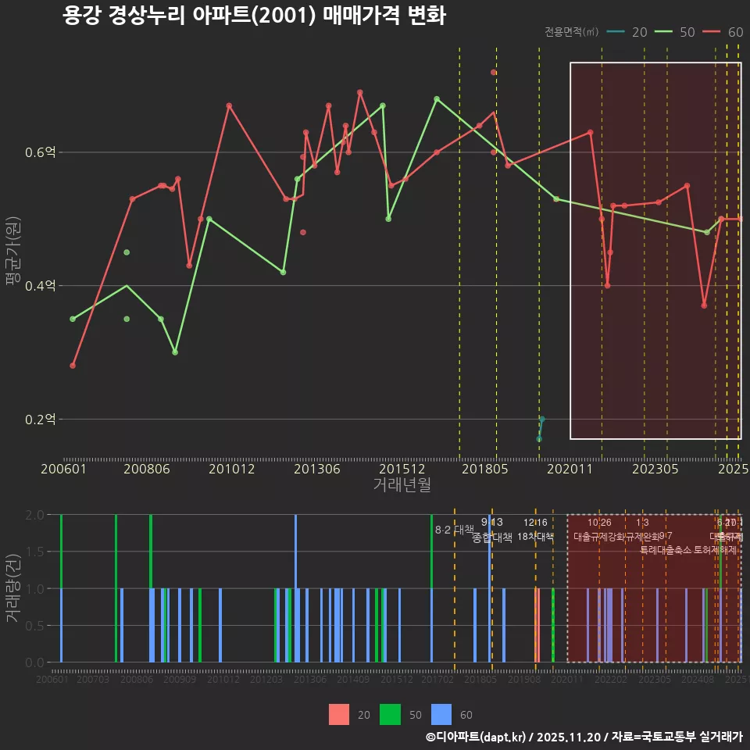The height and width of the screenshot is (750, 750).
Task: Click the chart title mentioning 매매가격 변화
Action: (254, 16)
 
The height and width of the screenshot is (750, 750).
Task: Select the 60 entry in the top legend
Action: (723, 32)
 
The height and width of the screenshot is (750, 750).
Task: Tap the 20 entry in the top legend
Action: (627, 32)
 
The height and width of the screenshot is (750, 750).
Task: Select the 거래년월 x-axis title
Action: (402, 485)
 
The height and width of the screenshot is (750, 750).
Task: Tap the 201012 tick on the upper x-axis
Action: (232, 470)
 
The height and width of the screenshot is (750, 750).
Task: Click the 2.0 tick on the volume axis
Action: (35, 515)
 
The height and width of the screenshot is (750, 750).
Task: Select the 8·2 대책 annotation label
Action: (455, 530)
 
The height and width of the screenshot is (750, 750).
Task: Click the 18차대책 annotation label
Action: (535, 537)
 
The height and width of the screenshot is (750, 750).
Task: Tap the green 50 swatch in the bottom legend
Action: (390, 714)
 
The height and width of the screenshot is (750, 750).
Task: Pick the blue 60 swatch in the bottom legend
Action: (442, 714)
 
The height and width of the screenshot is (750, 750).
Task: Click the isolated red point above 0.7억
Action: (494, 72)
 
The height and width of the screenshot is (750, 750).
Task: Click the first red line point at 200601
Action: (73, 366)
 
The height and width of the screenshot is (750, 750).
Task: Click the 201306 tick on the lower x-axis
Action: (310, 680)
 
